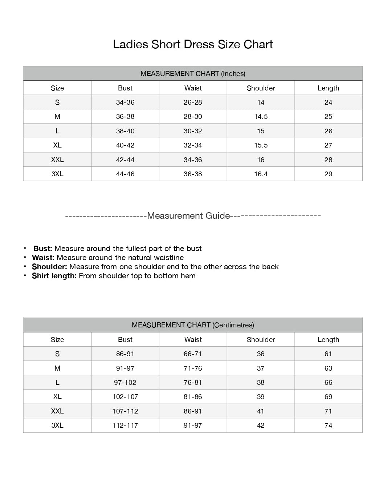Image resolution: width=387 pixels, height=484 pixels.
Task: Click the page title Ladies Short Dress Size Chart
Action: click(x=193, y=44)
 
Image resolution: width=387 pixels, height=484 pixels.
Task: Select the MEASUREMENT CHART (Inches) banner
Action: click(x=193, y=73)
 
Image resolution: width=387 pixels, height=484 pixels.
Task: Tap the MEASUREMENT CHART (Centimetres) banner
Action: click(x=193, y=325)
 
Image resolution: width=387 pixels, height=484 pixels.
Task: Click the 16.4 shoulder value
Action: click(x=261, y=174)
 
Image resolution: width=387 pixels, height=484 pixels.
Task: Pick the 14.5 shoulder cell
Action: click(x=261, y=117)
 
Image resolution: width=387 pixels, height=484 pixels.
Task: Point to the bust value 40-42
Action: click(x=125, y=145)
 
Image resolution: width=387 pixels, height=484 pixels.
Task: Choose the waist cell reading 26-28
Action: click(x=193, y=102)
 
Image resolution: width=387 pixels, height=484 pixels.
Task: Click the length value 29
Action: click(x=328, y=174)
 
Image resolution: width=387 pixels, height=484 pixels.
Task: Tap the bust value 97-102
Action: click(x=125, y=383)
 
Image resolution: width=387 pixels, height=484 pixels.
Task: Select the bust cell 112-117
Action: click(x=125, y=425)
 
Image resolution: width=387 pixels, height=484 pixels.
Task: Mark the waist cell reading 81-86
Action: click(x=193, y=397)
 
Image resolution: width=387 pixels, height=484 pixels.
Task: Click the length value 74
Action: click(x=328, y=425)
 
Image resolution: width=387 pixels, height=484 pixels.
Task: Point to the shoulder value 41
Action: click(x=261, y=411)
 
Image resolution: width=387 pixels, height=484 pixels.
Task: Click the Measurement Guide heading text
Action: click(x=188, y=216)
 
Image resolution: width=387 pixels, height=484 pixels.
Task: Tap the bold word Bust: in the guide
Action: click(x=43, y=249)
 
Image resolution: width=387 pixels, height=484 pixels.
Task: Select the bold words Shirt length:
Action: click(x=54, y=276)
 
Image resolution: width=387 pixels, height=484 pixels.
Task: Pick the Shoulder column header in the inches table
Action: click(x=261, y=88)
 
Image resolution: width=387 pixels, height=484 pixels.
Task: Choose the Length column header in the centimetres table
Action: click(x=328, y=339)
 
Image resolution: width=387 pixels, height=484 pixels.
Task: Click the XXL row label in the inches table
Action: click(x=57, y=160)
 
